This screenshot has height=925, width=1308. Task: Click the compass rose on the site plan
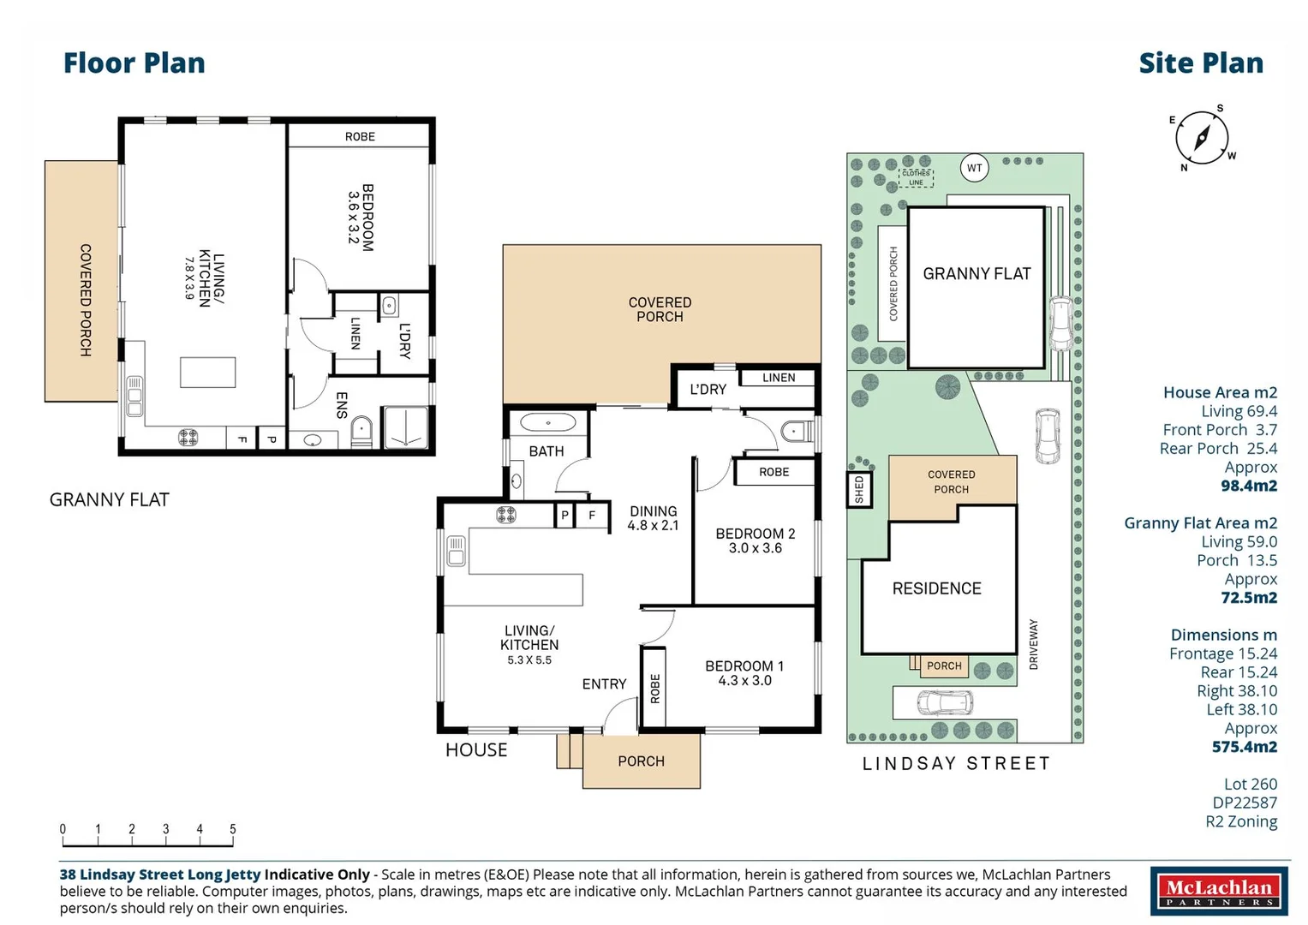(1201, 138)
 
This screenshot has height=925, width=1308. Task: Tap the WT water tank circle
(974, 168)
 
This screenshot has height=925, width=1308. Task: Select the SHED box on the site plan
(859, 490)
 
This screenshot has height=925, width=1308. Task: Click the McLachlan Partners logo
(1218, 892)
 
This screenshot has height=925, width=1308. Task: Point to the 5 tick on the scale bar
(233, 829)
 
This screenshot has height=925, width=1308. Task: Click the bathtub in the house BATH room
(548, 422)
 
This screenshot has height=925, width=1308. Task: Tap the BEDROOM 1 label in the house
(744, 672)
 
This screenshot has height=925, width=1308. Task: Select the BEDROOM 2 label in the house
(755, 540)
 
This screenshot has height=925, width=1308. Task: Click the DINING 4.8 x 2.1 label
(653, 518)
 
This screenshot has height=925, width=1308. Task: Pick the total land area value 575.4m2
(1244, 747)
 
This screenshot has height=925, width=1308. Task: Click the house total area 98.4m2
(1248, 486)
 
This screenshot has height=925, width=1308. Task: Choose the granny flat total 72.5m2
(1248, 598)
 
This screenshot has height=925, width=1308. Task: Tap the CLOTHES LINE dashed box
(916, 177)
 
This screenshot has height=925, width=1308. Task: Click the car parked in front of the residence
(944, 702)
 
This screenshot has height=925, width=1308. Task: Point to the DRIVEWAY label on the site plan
(1034, 644)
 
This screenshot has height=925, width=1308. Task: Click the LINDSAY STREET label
(956, 763)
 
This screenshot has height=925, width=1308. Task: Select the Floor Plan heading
(134, 63)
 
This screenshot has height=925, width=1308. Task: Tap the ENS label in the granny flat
(342, 405)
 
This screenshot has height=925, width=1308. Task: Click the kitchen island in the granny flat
(207, 373)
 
